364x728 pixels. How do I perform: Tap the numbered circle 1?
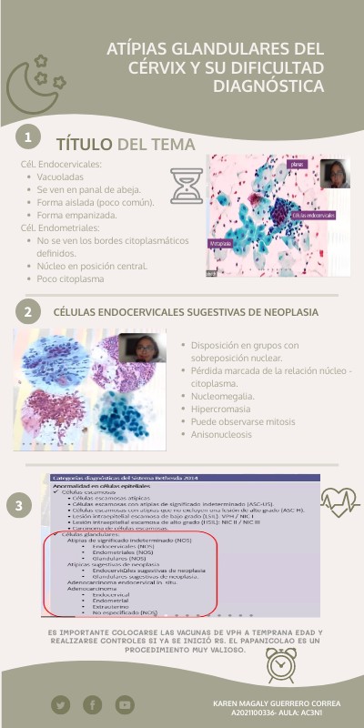tap(30, 137)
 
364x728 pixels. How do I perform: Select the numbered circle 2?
tap(30, 312)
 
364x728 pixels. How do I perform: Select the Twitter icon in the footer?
tap(60, 704)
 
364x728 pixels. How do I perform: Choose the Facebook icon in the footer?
tap(92, 704)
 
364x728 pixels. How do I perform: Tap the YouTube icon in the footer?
tap(125, 704)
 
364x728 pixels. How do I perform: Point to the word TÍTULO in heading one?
tap(85, 145)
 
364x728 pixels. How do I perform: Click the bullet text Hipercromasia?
tap(222, 409)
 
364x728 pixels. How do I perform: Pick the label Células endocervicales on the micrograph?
tap(314, 215)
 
